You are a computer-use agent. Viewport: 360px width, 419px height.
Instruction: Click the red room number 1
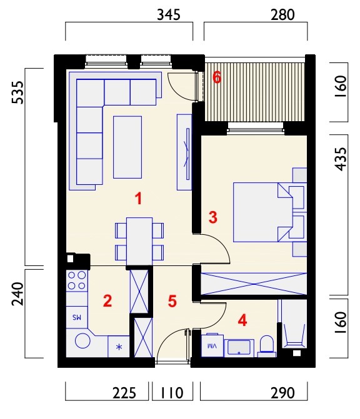click(x=138, y=199)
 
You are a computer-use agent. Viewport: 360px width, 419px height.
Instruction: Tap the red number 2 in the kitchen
click(x=107, y=301)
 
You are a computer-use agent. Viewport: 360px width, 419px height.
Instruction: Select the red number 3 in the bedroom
click(x=213, y=217)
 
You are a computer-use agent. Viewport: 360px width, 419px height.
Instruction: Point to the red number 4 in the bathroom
click(x=242, y=320)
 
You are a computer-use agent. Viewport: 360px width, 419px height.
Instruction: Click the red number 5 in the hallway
click(x=172, y=301)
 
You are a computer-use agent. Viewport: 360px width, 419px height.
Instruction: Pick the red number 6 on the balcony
click(x=217, y=78)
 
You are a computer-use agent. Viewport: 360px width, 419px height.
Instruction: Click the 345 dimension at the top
click(x=169, y=15)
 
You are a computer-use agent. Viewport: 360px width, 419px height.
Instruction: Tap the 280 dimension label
click(x=282, y=15)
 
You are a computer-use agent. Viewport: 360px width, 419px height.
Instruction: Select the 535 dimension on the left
click(x=17, y=92)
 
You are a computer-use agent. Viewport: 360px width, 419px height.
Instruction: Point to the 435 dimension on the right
click(x=341, y=159)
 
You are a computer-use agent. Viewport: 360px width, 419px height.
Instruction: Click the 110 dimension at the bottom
click(x=172, y=393)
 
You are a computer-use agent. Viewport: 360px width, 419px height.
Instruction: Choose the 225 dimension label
click(x=124, y=393)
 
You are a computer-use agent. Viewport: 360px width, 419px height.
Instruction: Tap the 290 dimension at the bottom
click(x=282, y=393)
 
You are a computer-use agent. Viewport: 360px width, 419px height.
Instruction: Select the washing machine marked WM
click(x=212, y=345)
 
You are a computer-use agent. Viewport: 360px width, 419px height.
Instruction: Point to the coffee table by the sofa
click(x=127, y=147)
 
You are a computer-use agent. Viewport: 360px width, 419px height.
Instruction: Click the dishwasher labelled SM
click(x=77, y=317)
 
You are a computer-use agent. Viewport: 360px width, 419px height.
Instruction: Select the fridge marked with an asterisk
click(x=119, y=347)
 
